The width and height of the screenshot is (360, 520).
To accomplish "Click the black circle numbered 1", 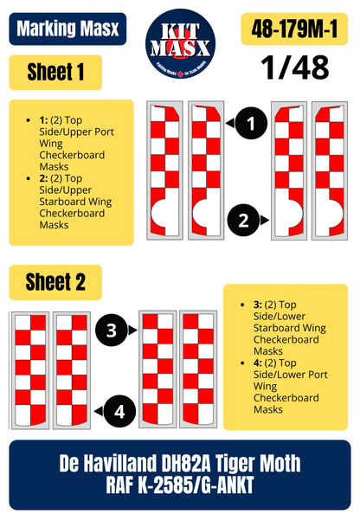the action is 251,123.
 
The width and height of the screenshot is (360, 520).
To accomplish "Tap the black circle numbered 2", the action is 243,220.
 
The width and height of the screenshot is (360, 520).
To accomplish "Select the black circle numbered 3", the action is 112,330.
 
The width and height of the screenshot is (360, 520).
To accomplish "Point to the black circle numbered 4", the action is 119,412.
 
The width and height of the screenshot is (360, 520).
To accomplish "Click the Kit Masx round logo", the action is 180,44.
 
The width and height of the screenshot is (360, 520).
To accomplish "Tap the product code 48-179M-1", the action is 294,29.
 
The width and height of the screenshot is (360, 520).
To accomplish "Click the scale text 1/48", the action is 294,67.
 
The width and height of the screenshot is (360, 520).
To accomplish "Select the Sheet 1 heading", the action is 55,73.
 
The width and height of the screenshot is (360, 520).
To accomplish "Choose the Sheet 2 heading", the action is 55,282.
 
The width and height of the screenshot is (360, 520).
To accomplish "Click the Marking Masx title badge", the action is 67,29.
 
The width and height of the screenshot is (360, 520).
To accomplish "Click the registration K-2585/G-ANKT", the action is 196,485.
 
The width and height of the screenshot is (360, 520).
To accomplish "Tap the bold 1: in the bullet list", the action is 43,120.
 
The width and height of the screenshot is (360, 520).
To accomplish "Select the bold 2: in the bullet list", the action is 43,178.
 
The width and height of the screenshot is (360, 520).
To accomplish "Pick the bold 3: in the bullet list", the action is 258,305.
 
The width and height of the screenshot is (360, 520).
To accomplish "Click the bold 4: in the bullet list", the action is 258,363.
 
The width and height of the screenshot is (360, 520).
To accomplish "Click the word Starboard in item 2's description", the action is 58,202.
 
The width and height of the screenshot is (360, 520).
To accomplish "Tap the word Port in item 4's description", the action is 318,375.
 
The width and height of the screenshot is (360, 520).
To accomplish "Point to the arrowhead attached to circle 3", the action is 132,330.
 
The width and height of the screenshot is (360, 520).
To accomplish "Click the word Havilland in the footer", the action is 120,463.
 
